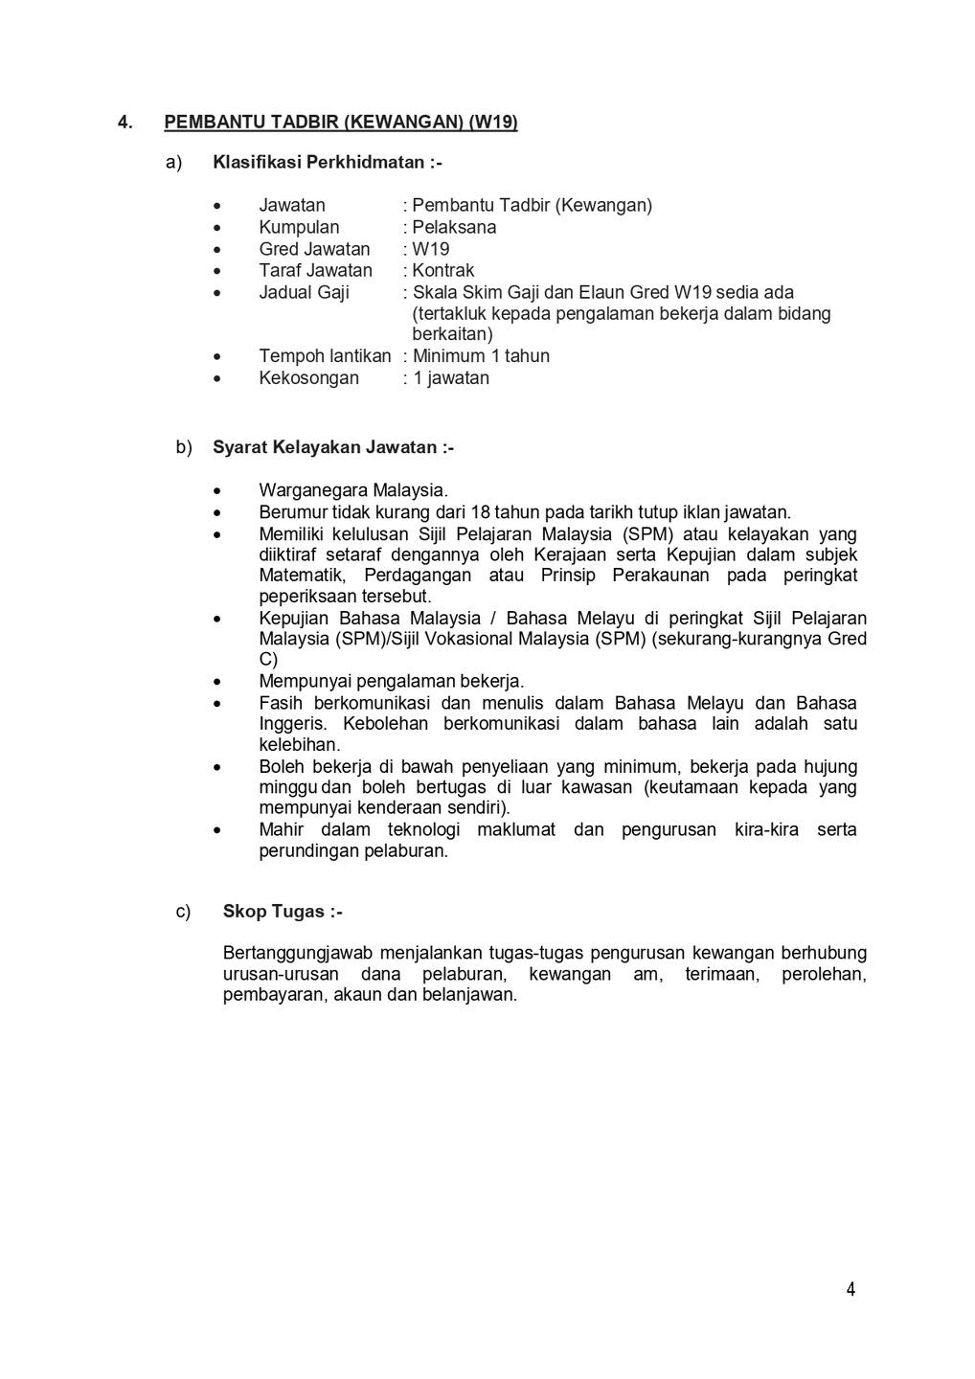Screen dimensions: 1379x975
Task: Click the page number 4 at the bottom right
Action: [x=850, y=1289]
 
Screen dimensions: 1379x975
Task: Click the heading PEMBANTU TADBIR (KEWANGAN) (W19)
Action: [x=341, y=122]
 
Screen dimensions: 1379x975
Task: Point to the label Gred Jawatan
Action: [x=314, y=249]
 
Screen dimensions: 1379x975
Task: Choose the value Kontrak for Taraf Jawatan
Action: [x=442, y=270]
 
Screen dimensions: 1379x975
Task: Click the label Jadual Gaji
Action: [x=304, y=292]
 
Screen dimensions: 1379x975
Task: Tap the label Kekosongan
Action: [x=308, y=377]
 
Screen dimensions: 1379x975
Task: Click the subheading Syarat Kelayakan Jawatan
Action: [x=332, y=447]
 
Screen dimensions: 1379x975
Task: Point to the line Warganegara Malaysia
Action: [x=352, y=491]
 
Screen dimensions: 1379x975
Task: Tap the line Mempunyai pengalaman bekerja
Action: [x=391, y=681]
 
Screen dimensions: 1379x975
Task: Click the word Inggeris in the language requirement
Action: [x=291, y=724]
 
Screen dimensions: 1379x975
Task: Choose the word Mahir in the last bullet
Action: [x=281, y=829]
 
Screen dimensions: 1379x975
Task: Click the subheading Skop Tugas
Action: [x=282, y=912]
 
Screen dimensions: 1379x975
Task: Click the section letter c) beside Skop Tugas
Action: [x=183, y=912]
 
